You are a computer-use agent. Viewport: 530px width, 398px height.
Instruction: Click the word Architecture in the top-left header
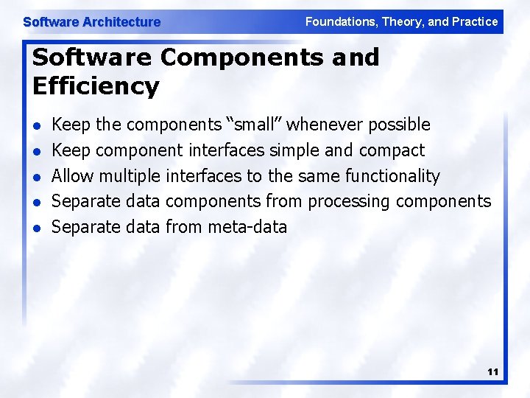click(121, 22)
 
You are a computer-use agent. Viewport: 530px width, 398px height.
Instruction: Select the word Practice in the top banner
click(475, 21)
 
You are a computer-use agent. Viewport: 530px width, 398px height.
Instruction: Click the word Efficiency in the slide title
click(96, 86)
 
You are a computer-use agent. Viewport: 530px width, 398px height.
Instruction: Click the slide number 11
click(492, 372)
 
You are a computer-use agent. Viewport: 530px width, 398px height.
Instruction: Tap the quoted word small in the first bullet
click(253, 125)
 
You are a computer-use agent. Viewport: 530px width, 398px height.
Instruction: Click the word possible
click(399, 125)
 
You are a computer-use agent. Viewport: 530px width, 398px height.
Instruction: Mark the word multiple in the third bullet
click(130, 176)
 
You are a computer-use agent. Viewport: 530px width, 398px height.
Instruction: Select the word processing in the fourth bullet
click(349, 201)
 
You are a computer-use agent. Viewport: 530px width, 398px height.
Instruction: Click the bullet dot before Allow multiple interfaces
click(37, 177)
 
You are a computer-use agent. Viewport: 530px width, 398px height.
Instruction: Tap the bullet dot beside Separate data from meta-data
click(37, 228)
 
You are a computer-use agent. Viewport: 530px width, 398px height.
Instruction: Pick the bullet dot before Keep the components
click(37, 126)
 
